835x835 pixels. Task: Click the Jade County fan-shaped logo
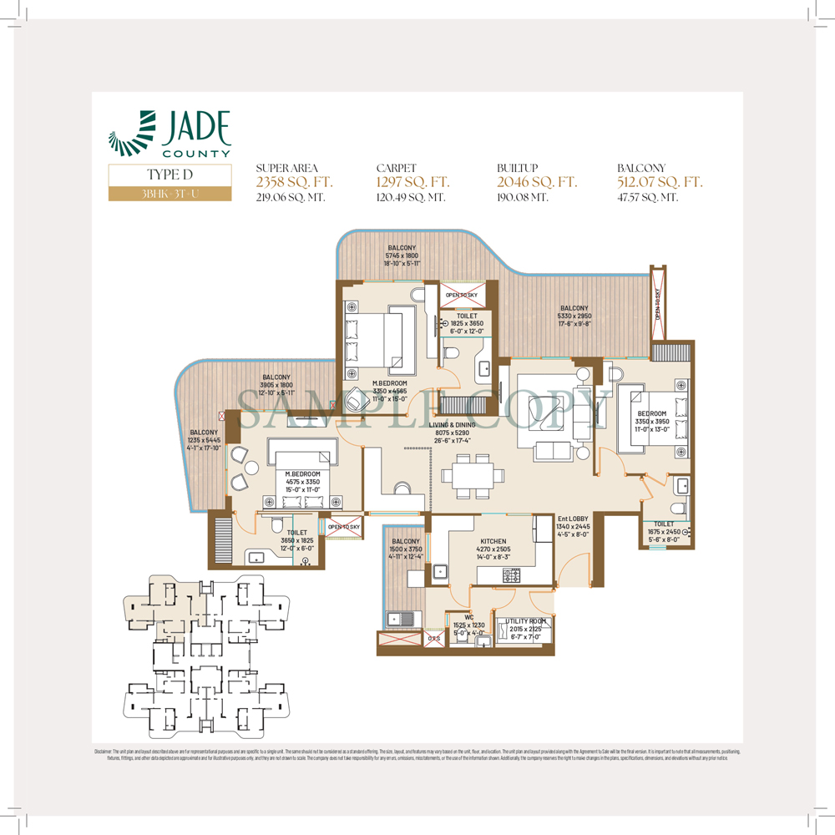(x=133, y=134)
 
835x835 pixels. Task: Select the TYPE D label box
(x=170, y=175)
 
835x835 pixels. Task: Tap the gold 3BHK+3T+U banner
(x=170, y=194)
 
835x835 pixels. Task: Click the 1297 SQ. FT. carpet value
(x=413, y=182)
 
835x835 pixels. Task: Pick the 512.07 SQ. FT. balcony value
(x=660, y=182)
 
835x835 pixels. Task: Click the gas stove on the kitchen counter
(x=509, y=575)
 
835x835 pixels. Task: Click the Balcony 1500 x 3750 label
(x=407, y=549)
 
